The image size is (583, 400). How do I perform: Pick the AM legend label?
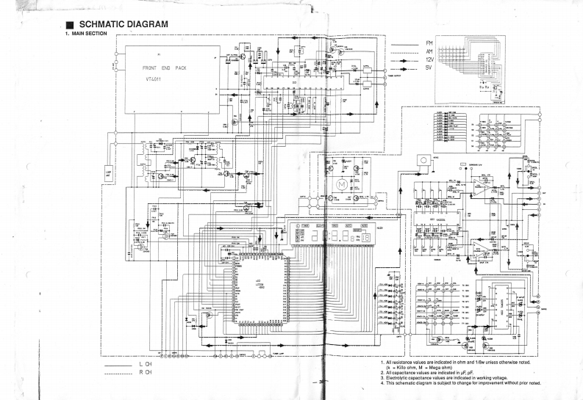pos(429,53)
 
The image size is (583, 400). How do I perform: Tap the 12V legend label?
pos(430,62)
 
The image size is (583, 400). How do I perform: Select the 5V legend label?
pos(429,71)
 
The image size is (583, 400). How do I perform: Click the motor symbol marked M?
pos(340,181)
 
